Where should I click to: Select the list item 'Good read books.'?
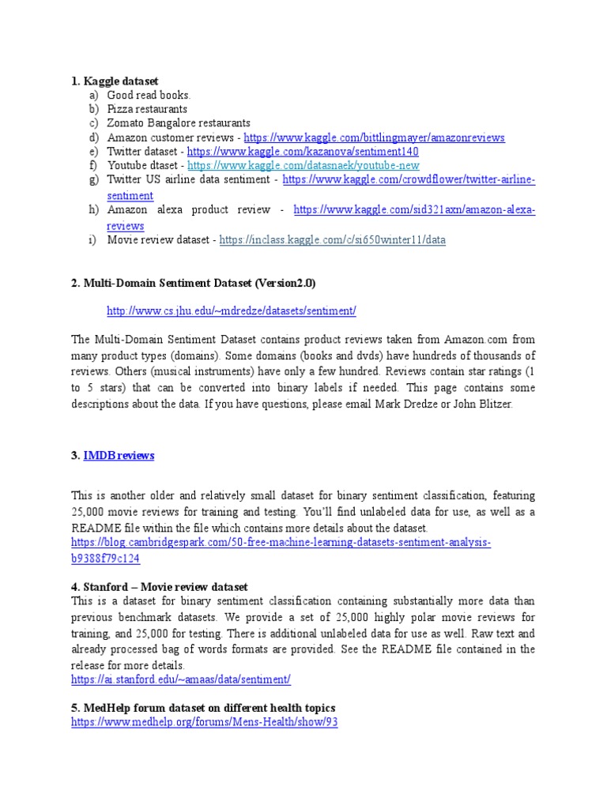point(149,95)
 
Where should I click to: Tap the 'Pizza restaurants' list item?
point(147,109)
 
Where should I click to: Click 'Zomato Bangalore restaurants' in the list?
point(179,123)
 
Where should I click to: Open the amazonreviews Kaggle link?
point(374,137)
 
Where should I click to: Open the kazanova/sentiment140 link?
point(303,152)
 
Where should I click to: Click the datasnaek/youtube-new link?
point(303,166)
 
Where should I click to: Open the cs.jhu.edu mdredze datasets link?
point(231,311)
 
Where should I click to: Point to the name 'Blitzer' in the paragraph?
point(493,404)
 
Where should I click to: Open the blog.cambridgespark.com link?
point(281,544)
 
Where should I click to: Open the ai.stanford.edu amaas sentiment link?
point(181,679)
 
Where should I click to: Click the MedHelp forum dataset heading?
point(203,707)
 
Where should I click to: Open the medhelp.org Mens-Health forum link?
point(204,722)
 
